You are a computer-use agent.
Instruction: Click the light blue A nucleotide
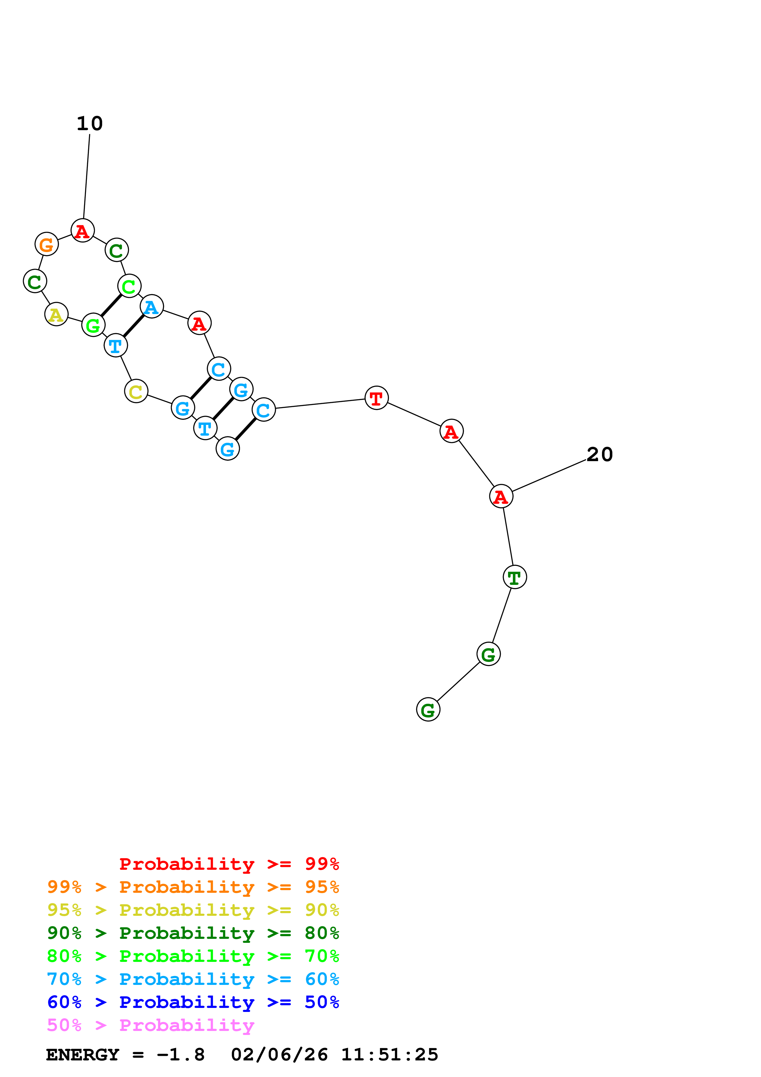[x=151, y=306]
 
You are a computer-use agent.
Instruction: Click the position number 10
[x=90, y=124]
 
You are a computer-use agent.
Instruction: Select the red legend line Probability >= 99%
[x=229, y=864]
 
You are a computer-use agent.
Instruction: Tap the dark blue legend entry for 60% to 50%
[x=193, y=1002]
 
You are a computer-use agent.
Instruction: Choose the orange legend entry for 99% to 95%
[x=193, y=887]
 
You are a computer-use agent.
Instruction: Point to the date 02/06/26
[x=279, y=1055]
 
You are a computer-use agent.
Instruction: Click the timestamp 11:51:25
[x=389, y=1055]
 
